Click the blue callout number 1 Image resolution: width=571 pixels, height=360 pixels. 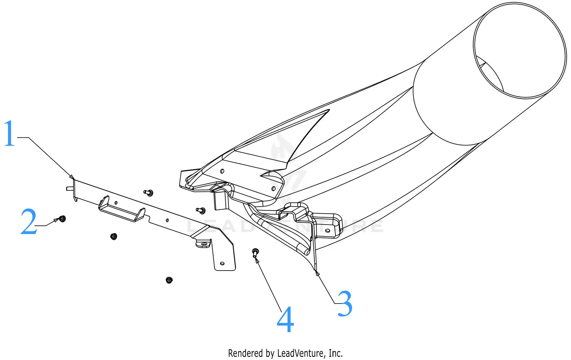pos(9,133)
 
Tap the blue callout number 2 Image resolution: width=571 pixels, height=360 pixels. pos(29,222)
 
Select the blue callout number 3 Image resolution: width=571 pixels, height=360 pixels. pos(345,304)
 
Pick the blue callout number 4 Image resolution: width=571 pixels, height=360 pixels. pos(285,320)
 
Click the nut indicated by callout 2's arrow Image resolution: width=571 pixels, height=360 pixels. pos(62,218)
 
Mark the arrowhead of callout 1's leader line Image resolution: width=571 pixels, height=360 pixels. pos(72,177)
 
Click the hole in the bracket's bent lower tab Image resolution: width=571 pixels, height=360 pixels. pos(222,263)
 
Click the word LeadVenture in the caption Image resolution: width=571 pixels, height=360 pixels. pos(301,353)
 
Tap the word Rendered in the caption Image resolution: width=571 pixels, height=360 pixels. pos(246,353)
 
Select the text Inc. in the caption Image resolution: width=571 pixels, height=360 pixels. pos(335,353)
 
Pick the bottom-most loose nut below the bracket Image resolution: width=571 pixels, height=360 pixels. pos(169,280)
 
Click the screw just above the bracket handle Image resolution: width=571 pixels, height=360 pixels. pos(149,193)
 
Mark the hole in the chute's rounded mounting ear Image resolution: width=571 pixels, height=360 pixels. pos(327,230)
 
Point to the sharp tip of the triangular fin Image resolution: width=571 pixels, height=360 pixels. pos(328,111)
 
